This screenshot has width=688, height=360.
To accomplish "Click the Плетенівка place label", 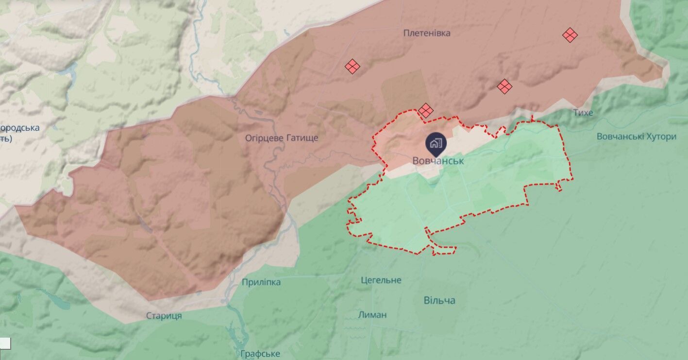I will click(427, 33).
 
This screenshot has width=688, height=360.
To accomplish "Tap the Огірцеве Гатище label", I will click(282, 138).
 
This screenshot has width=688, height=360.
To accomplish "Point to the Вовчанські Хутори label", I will click(636, 137).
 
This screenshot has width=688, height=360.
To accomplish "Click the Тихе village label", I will click(583, 113).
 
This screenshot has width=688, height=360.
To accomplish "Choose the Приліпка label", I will click(261, 282).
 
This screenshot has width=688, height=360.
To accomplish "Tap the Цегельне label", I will click(381, 280).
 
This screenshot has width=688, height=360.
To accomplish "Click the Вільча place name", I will click(439, 300).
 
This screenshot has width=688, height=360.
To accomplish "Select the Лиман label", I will click(372, 314).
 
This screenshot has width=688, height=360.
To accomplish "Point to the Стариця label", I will click(164, 316).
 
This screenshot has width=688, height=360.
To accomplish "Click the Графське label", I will click(260, 354).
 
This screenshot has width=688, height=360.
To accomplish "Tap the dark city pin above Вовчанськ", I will click(435, 143).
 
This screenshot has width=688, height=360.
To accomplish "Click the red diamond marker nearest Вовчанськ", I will click(426, 110).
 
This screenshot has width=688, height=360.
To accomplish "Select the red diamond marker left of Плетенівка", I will click(352, 67).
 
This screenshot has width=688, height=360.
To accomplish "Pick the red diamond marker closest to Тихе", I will click(504, 86).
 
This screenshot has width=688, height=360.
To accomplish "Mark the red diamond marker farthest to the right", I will click(570, 35).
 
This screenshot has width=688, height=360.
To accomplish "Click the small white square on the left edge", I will click(5, 343).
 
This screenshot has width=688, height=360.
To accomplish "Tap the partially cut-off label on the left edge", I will click(19, 133).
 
